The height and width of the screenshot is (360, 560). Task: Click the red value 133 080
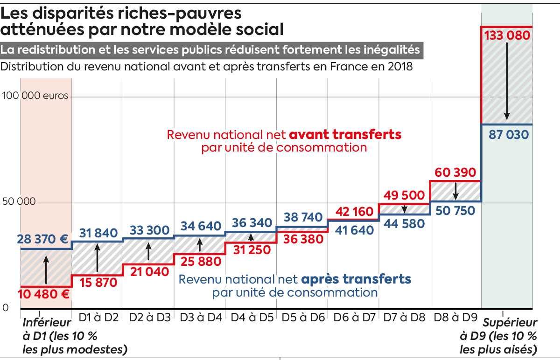pos(507,36)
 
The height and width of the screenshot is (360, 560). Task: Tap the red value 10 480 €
pos(44,294)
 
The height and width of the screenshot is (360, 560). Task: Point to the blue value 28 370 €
pos(43,240)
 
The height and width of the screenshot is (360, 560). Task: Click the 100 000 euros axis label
pos(35,96)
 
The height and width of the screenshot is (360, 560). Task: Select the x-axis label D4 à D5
pos(251,318)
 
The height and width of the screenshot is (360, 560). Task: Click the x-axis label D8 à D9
pos(455,318)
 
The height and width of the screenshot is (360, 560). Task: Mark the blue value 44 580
pos(404,223)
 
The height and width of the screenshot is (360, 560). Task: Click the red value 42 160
pos(353,212)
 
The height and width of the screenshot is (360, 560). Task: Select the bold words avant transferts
pos(345,135)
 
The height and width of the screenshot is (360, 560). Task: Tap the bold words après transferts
pos(356,279)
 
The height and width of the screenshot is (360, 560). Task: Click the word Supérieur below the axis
pos(510,323)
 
